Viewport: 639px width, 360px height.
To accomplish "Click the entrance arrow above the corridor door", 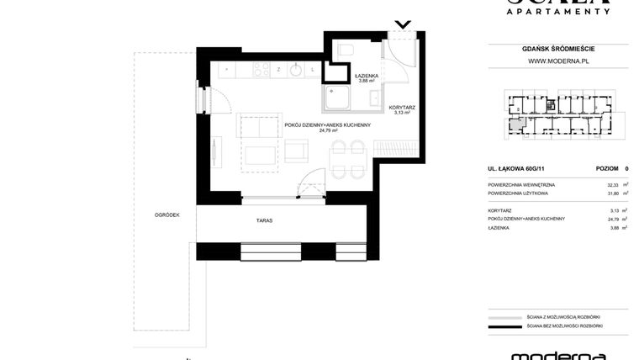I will pyautogui.click(x=404, y=24).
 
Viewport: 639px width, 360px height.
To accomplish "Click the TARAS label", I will pyautogui.click(x=264, y=220).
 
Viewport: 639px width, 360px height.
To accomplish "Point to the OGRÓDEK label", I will pyautogui.click(x=166, y=214).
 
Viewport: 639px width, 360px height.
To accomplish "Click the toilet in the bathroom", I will pyautogui.click(x=346, y=53).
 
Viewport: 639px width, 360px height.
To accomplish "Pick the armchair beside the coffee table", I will pyautogui.click(x=298, y=151).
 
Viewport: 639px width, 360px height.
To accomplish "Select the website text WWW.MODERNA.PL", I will pyautogui.click(x=557, y=61).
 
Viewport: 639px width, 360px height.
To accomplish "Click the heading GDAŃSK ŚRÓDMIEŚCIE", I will pyautogui.click(x=557, y=49).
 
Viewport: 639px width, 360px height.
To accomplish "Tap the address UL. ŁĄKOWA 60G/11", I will pyautogui.click(x=515, y=169).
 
